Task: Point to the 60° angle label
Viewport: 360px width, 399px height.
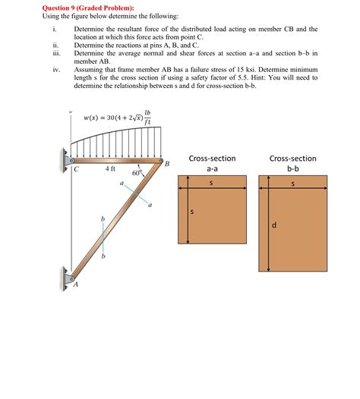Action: coord(137,173)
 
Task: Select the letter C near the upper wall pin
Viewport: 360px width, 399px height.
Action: coord(76,170)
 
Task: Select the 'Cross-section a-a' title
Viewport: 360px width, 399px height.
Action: coord(212,165)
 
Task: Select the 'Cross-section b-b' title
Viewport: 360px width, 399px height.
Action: coord(292,165)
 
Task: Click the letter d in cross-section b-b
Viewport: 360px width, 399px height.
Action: coord(274,225)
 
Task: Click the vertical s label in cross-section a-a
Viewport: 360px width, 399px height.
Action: coord(192,212)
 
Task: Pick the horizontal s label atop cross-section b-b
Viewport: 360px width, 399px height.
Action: coord(292,184)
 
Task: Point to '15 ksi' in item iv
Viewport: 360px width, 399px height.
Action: coord(257,68)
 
